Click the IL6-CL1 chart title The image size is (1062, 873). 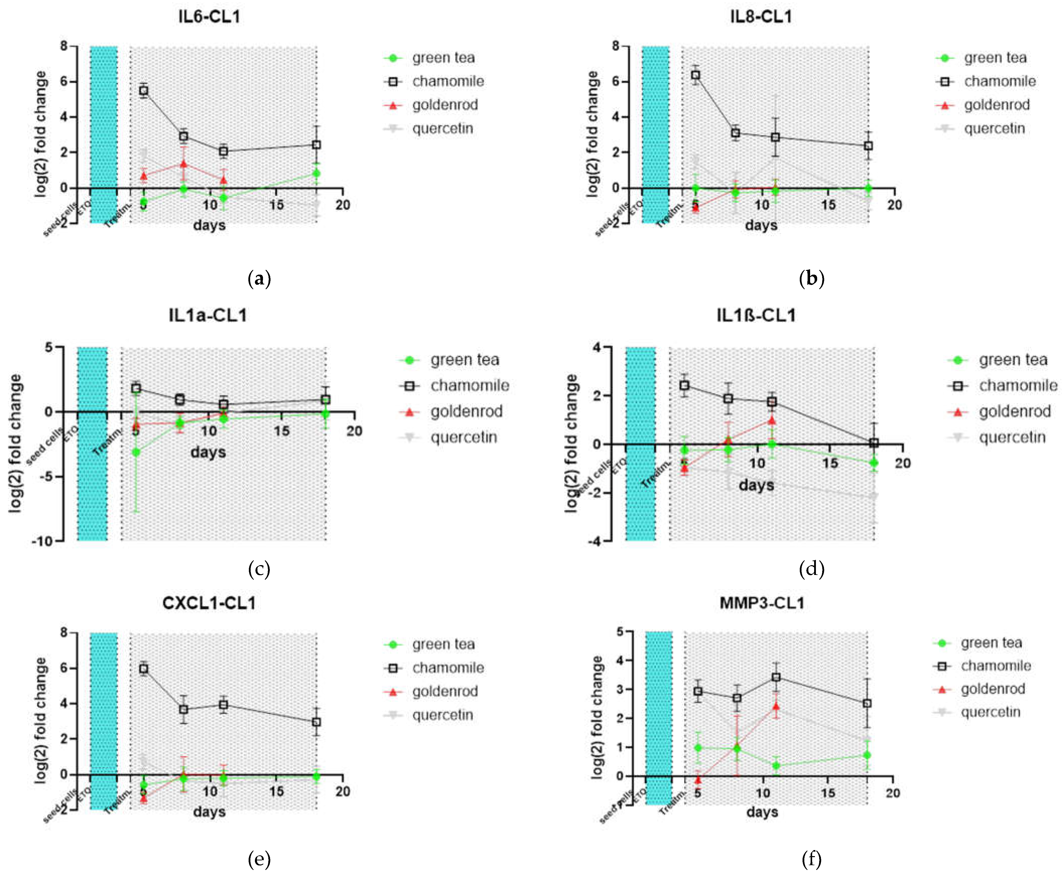coord(209,17)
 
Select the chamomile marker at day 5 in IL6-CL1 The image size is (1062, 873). coord(144,90)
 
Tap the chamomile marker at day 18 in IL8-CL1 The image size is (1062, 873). coord(868,146)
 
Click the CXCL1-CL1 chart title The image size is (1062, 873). coord(209,603)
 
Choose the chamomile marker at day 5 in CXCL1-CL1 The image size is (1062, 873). coord(144,669)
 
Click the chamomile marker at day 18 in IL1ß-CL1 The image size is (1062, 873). coord(874,442)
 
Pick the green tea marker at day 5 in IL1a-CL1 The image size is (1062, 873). coord(136,452)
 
